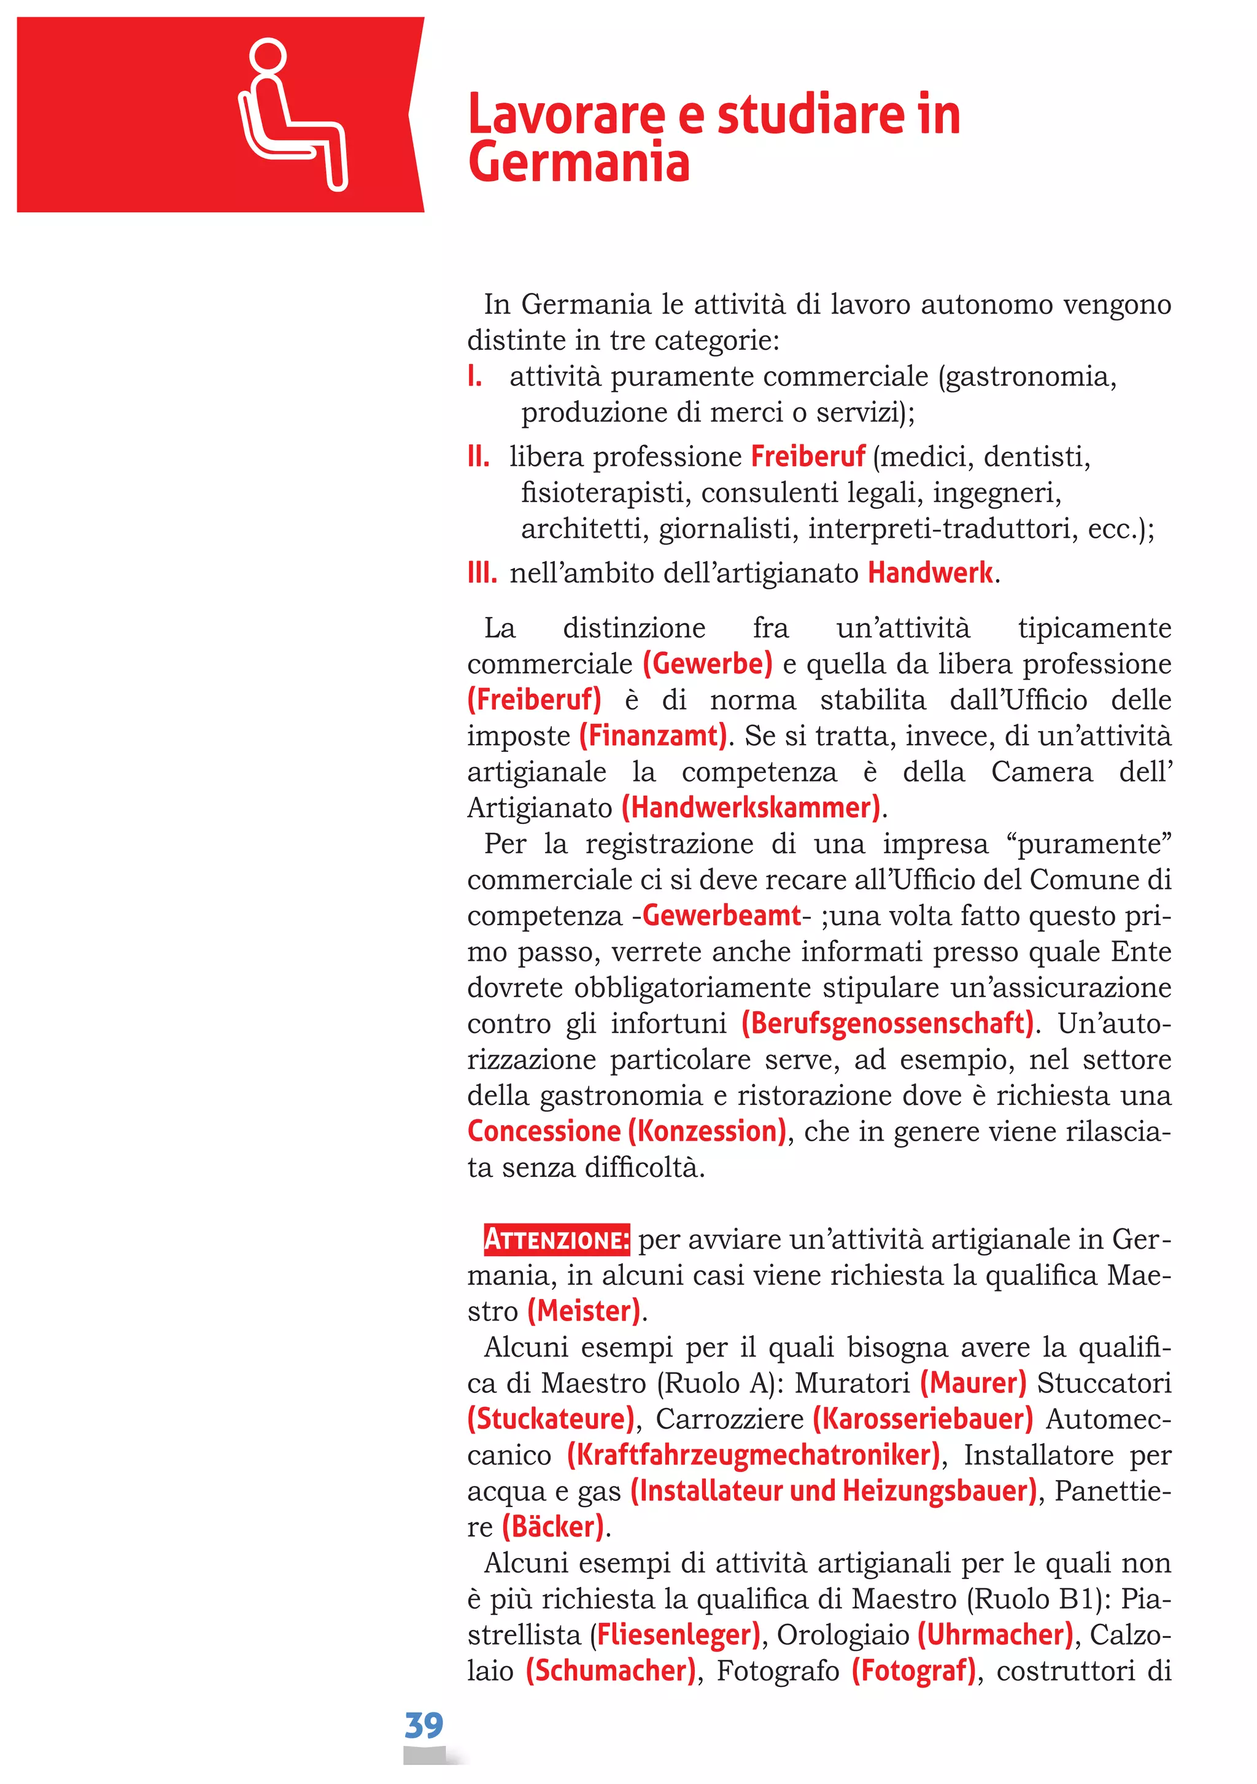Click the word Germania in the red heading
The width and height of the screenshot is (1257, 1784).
(x=579, y=163)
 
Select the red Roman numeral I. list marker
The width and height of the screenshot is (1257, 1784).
(x=474, y=377)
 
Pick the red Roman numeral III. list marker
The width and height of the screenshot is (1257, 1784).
(x=482, y=573)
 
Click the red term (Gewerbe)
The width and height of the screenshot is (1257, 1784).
(x=707, y=664)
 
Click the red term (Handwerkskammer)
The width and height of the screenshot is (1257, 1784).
(x=751, y=807)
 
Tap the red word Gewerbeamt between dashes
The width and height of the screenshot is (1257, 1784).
(x=721, y=915)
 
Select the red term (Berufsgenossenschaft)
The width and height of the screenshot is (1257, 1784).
(x=887, y=1023)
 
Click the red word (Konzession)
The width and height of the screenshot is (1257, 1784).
(x=707, y=1131)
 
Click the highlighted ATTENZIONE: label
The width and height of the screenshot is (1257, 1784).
(x=556, y=1239)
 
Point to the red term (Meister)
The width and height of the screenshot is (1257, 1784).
(x=584, y=1311)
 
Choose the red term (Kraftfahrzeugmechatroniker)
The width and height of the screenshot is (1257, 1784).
(x=753, y=1456)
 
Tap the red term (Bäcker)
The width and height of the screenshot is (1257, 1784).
(x=552, y=1527)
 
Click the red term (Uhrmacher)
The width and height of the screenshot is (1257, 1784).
(x=995, y=1635)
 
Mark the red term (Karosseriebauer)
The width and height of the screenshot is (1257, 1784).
(x=922, y=1419)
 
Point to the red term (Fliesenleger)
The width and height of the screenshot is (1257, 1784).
(x=675, y=1635)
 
